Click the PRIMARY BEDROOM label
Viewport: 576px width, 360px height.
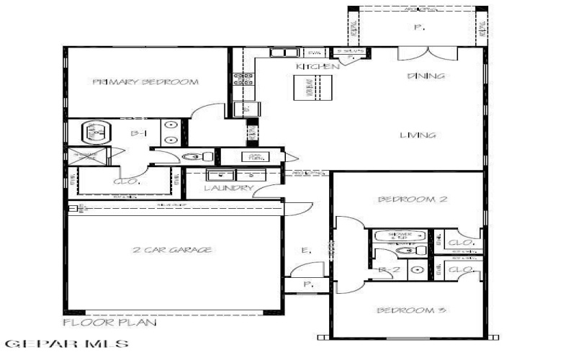(x=145, y=82)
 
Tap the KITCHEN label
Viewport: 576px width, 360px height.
(x=318, y=67)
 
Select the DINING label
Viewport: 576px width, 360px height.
(x=426, y=76)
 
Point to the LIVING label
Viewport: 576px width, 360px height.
(x=419, y=135)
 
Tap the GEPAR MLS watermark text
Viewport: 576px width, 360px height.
(x=66, y=345)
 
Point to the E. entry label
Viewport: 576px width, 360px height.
(x=306, y=251)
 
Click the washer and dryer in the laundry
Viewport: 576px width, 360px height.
(x=233, y=175)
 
